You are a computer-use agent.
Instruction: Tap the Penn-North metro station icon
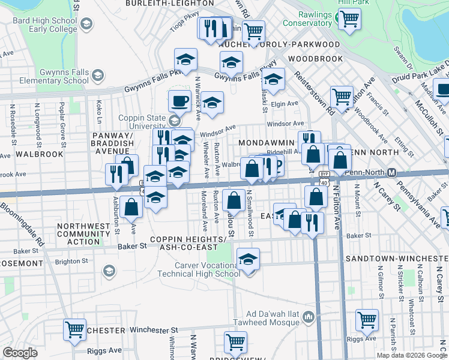[391, 173]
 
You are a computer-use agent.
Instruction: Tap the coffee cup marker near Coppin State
[179, 101]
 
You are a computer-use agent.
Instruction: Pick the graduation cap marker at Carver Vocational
[248, 260]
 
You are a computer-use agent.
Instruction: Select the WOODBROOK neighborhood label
[315, 59]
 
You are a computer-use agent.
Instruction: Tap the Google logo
[20, 353]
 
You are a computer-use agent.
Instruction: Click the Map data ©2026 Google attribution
[412, 355]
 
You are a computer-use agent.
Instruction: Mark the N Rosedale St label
[12, 119]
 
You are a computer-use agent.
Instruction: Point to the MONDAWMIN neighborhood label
[267, 143]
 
